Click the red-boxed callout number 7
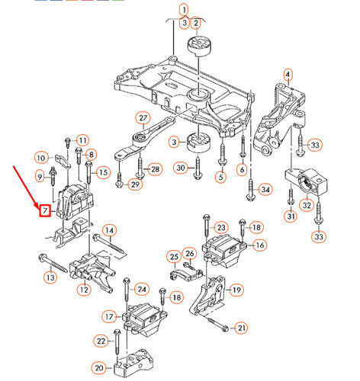tap(45, 210)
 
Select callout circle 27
tap(142, 117)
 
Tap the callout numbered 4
tap(288, 74)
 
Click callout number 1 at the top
tap(184, 10)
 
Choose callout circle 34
tap(265, 189)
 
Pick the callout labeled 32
tap(307, 204)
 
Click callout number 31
tap(290, 216)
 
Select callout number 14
tap(109, 230)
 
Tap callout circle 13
tap(50, 278)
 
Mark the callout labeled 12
tap(84, 289)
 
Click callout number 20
tap(98, 368)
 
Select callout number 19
tap(236, 290)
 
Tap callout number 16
tap(259, 245)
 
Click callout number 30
tap(180, 168)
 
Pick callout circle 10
tap(40, 157)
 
